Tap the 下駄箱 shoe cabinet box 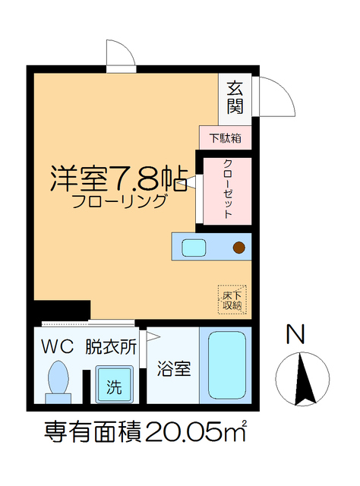(x=226, y=138)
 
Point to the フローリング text (x=119, y=202)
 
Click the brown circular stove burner (x=239, y=247)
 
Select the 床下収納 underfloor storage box (x=232, y=299)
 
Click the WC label (x=57, y=347)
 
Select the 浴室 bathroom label (x=173, y=370)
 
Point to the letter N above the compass (x=296, y=334)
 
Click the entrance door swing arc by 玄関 (x=275, y=95)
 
